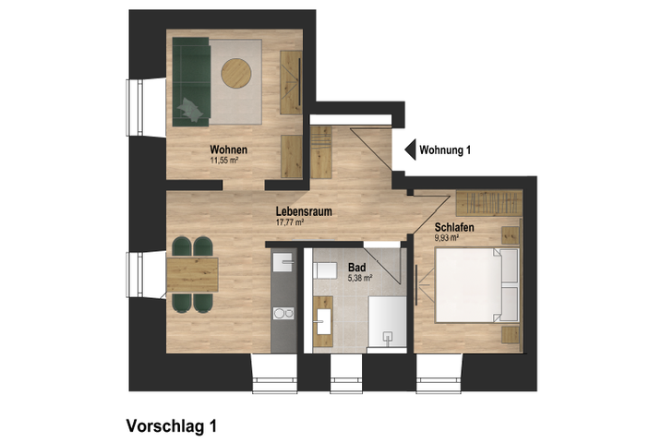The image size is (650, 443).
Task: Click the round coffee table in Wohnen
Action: coord(235,73)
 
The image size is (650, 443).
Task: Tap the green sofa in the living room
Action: coord(191,81)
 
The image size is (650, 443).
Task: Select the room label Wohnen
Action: coord(228,150)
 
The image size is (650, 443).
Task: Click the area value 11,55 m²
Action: coord(223,161)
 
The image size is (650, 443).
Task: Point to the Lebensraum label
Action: coord(304,211)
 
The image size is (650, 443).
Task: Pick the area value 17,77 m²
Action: coord(290,222)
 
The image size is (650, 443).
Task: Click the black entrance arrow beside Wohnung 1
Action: coord(410,150)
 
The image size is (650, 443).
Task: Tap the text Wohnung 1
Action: coord(445,150)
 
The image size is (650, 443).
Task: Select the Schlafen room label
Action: coord(454,227)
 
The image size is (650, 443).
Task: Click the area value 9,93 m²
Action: coord(446,238)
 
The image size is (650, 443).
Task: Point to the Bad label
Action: coord(357,268)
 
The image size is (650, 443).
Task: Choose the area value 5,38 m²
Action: coord(360,278)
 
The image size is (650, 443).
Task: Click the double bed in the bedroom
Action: coord(476,285)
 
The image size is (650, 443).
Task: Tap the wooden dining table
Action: coord(192,275)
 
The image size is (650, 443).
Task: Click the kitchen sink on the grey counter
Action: coord(283,262)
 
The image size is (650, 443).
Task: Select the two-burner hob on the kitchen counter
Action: coord(283,313)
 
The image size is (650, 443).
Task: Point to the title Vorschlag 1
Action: coord(171,426)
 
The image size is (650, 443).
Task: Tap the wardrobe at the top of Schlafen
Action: coord(488,203)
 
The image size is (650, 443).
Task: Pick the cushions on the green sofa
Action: coord(190,110)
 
